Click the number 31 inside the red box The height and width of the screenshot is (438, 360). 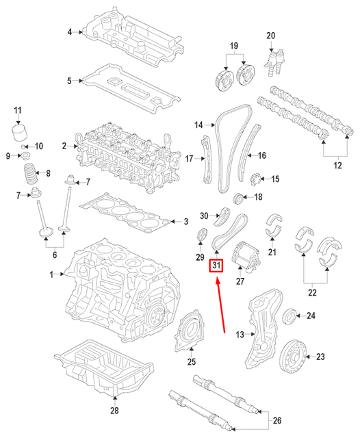(x=216, y=265)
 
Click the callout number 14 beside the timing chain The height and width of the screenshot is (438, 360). (x=199, y=125)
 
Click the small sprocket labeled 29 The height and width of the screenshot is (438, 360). (x=201, y=238)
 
